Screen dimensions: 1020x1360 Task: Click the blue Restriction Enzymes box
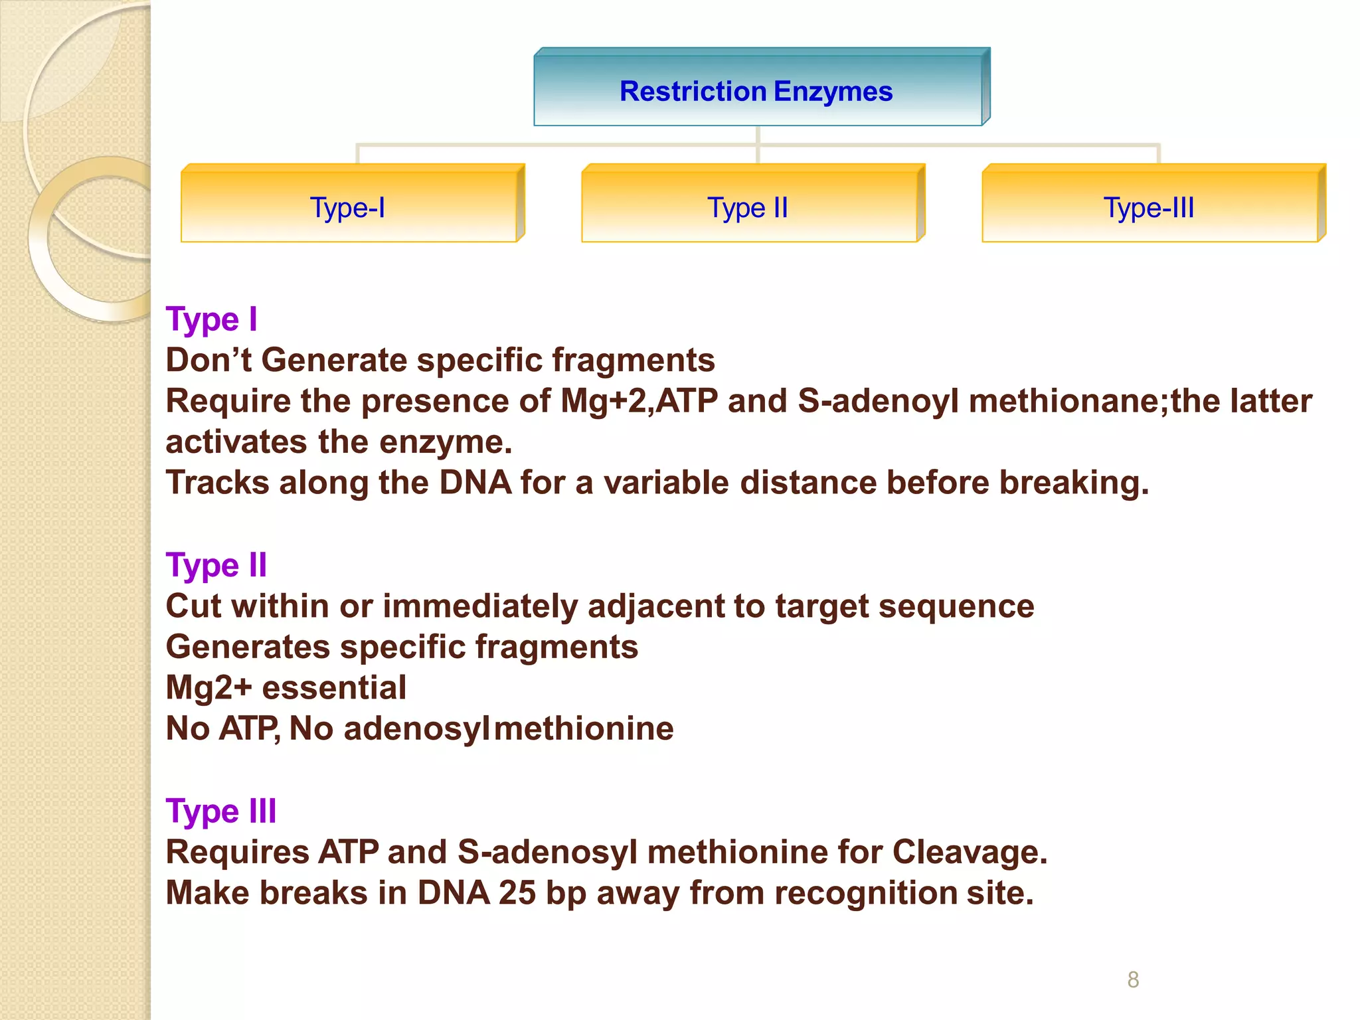pos(757,91)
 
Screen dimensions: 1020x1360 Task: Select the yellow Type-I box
pos(349,207)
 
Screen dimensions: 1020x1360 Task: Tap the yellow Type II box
pos(749,207)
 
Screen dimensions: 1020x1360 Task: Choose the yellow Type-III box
pos(1149,207)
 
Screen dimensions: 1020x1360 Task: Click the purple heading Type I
pos(211,320)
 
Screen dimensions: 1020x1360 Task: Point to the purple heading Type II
pos(216,566)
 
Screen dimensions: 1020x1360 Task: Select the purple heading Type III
pos(220,811)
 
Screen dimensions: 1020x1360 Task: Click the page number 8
pos(1133,979)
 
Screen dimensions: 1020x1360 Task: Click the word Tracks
pos(217,483)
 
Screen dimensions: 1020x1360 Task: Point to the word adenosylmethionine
pos(509,729)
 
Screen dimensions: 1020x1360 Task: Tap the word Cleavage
pos(969,853)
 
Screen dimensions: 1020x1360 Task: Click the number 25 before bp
pos(517,893)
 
